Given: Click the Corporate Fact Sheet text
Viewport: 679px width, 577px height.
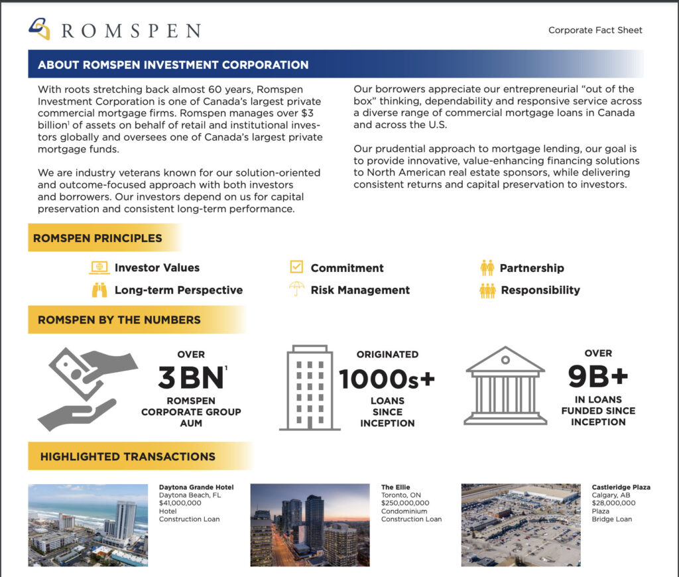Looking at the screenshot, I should point(595,30).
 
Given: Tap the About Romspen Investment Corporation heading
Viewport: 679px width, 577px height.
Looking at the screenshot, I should point(173,65).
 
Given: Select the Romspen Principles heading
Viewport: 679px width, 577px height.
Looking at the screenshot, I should point(97,238).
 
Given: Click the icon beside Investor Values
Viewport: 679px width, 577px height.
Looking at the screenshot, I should point(99,268).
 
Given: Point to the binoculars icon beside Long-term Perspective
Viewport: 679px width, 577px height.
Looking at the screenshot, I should point(99,290).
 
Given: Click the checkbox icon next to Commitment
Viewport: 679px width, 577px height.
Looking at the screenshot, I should point(296,267).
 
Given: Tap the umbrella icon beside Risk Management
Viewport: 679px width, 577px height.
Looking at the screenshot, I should point(296,289).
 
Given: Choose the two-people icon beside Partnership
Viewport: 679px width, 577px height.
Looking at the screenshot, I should point(487,268).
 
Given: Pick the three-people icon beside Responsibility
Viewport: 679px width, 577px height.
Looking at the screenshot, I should point(487,290).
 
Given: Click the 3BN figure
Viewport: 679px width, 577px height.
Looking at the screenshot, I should point(191,378).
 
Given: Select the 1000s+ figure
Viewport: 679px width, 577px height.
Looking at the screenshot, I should point(387,379).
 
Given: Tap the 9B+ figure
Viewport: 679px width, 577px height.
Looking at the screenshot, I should point(597,377).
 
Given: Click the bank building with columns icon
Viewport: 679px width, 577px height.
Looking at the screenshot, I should point(505,386).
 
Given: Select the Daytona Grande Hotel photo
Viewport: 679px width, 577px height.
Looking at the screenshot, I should point(88,525).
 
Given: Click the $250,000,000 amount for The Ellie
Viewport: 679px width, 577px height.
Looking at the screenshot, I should point(405,503).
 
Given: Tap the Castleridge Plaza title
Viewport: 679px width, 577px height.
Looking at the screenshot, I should point(621,487).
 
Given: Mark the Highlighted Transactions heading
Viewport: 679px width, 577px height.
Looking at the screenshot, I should point(127,456).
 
